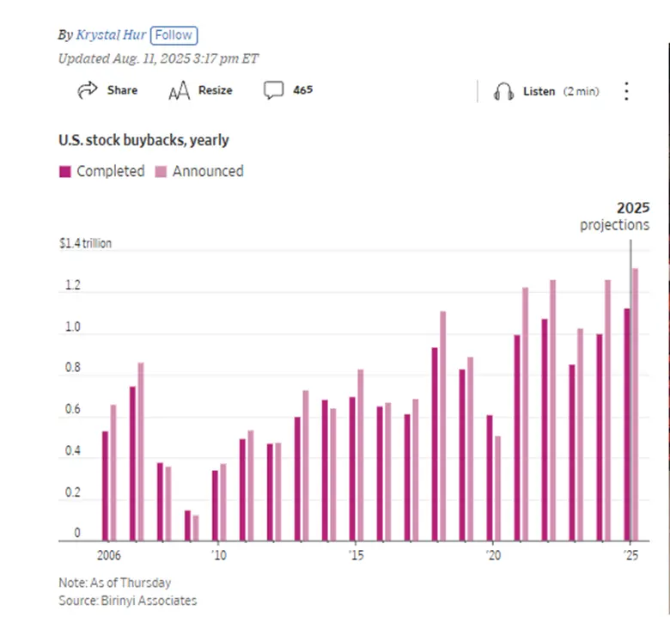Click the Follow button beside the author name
click(174, 35)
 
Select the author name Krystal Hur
click(111, 35)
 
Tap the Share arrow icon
click(87, 90)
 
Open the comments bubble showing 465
click(274, 90)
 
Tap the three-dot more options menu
click(626, 91)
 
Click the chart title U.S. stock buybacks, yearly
click(143, 140)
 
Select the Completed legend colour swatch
click(65, 171)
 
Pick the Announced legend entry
click(207, 171)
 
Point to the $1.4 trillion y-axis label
click(85, 244)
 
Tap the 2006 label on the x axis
click(108, 555)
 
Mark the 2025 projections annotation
click(615, 217)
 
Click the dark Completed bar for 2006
click(105, 486)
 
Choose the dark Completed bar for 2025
click(627, 425)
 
